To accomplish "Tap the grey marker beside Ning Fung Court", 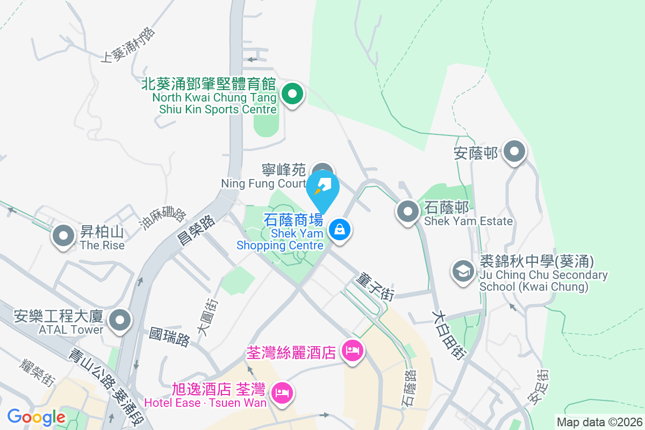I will coord(322,169).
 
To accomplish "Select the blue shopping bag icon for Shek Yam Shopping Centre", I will coord(340,231).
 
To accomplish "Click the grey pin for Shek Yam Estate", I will coord(408,211).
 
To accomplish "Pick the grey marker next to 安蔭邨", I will coord(515,152).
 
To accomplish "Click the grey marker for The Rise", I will coord(64,235).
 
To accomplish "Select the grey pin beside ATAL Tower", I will coord(120,321).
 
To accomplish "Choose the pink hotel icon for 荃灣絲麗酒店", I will coord(352,352).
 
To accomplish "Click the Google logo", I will coord(37,417).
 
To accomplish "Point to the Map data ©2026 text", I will coord(598,422).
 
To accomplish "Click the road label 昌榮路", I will coord(197,230).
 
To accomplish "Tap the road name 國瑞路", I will coord(170,336).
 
